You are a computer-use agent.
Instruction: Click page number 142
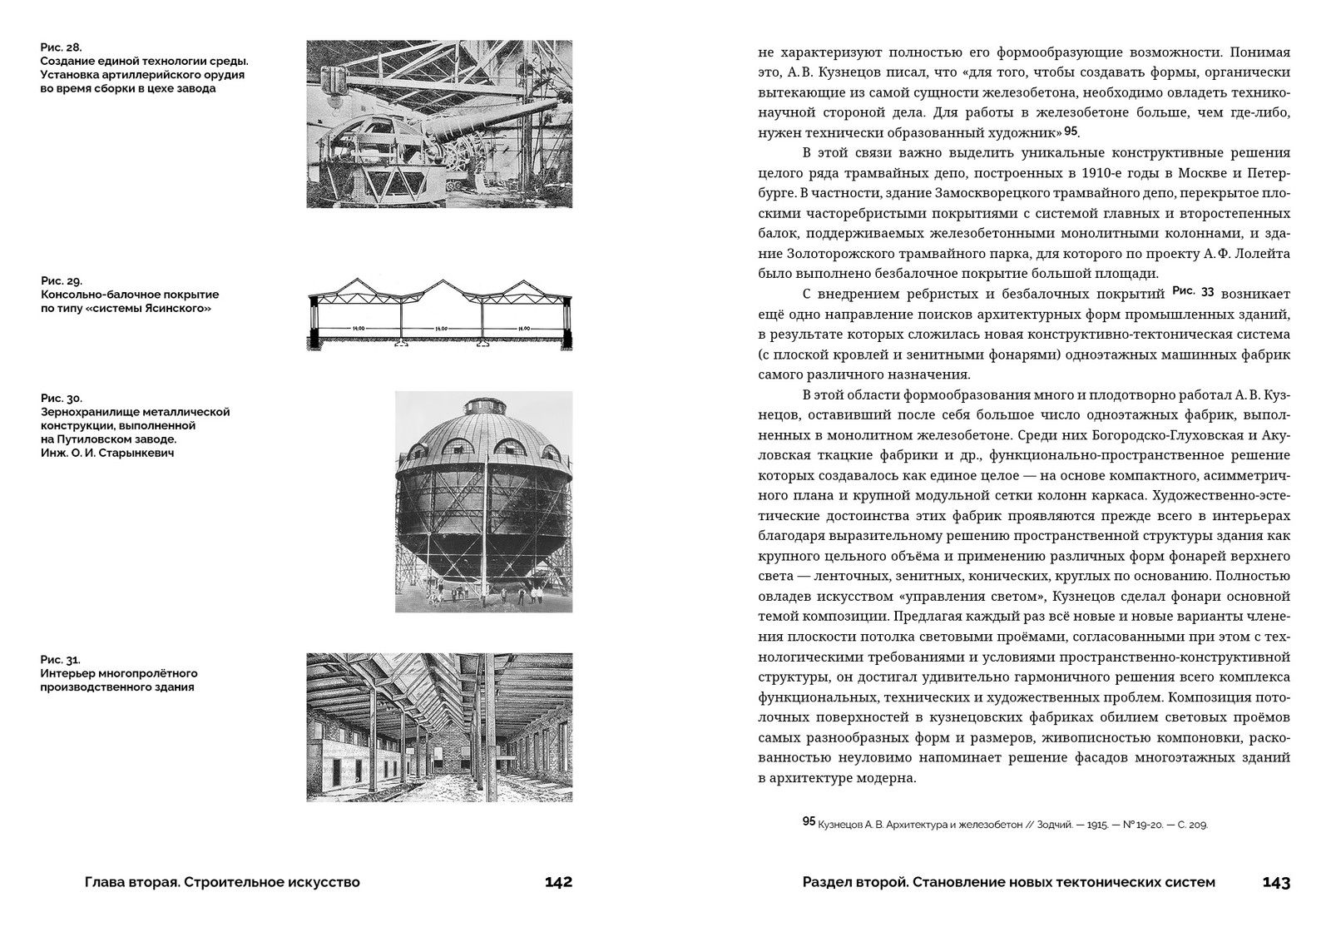(x=558, y=882)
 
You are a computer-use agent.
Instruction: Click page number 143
(x=1276, y=882)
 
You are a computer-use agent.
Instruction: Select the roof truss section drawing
(x=438, y=319)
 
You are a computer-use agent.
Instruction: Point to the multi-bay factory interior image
(x=439, y=726)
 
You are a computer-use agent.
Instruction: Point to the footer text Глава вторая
(x=122, y=882)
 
